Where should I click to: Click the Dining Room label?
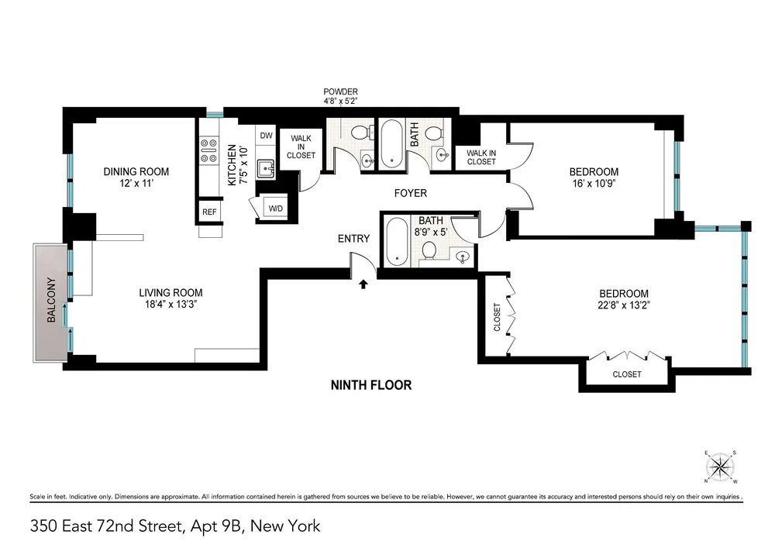point(136,172)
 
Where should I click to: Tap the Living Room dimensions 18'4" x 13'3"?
point(170,305)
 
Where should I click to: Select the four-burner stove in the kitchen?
point(208,150)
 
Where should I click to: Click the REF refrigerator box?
point(209,212)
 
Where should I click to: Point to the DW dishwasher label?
point(266,136)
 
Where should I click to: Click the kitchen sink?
point(266,168)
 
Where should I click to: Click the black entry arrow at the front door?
point(363,284)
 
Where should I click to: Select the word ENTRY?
point(353,239)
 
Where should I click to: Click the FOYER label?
point(410,193)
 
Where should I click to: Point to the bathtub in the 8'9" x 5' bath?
point(395,242)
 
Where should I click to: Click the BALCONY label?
point(51,301)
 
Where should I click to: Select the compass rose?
point(720,467)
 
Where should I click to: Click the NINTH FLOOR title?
point(371,385)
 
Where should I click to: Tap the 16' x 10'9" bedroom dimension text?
point(594,184)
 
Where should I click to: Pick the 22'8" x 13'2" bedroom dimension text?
point(623,305)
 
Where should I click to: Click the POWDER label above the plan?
point(340,92)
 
